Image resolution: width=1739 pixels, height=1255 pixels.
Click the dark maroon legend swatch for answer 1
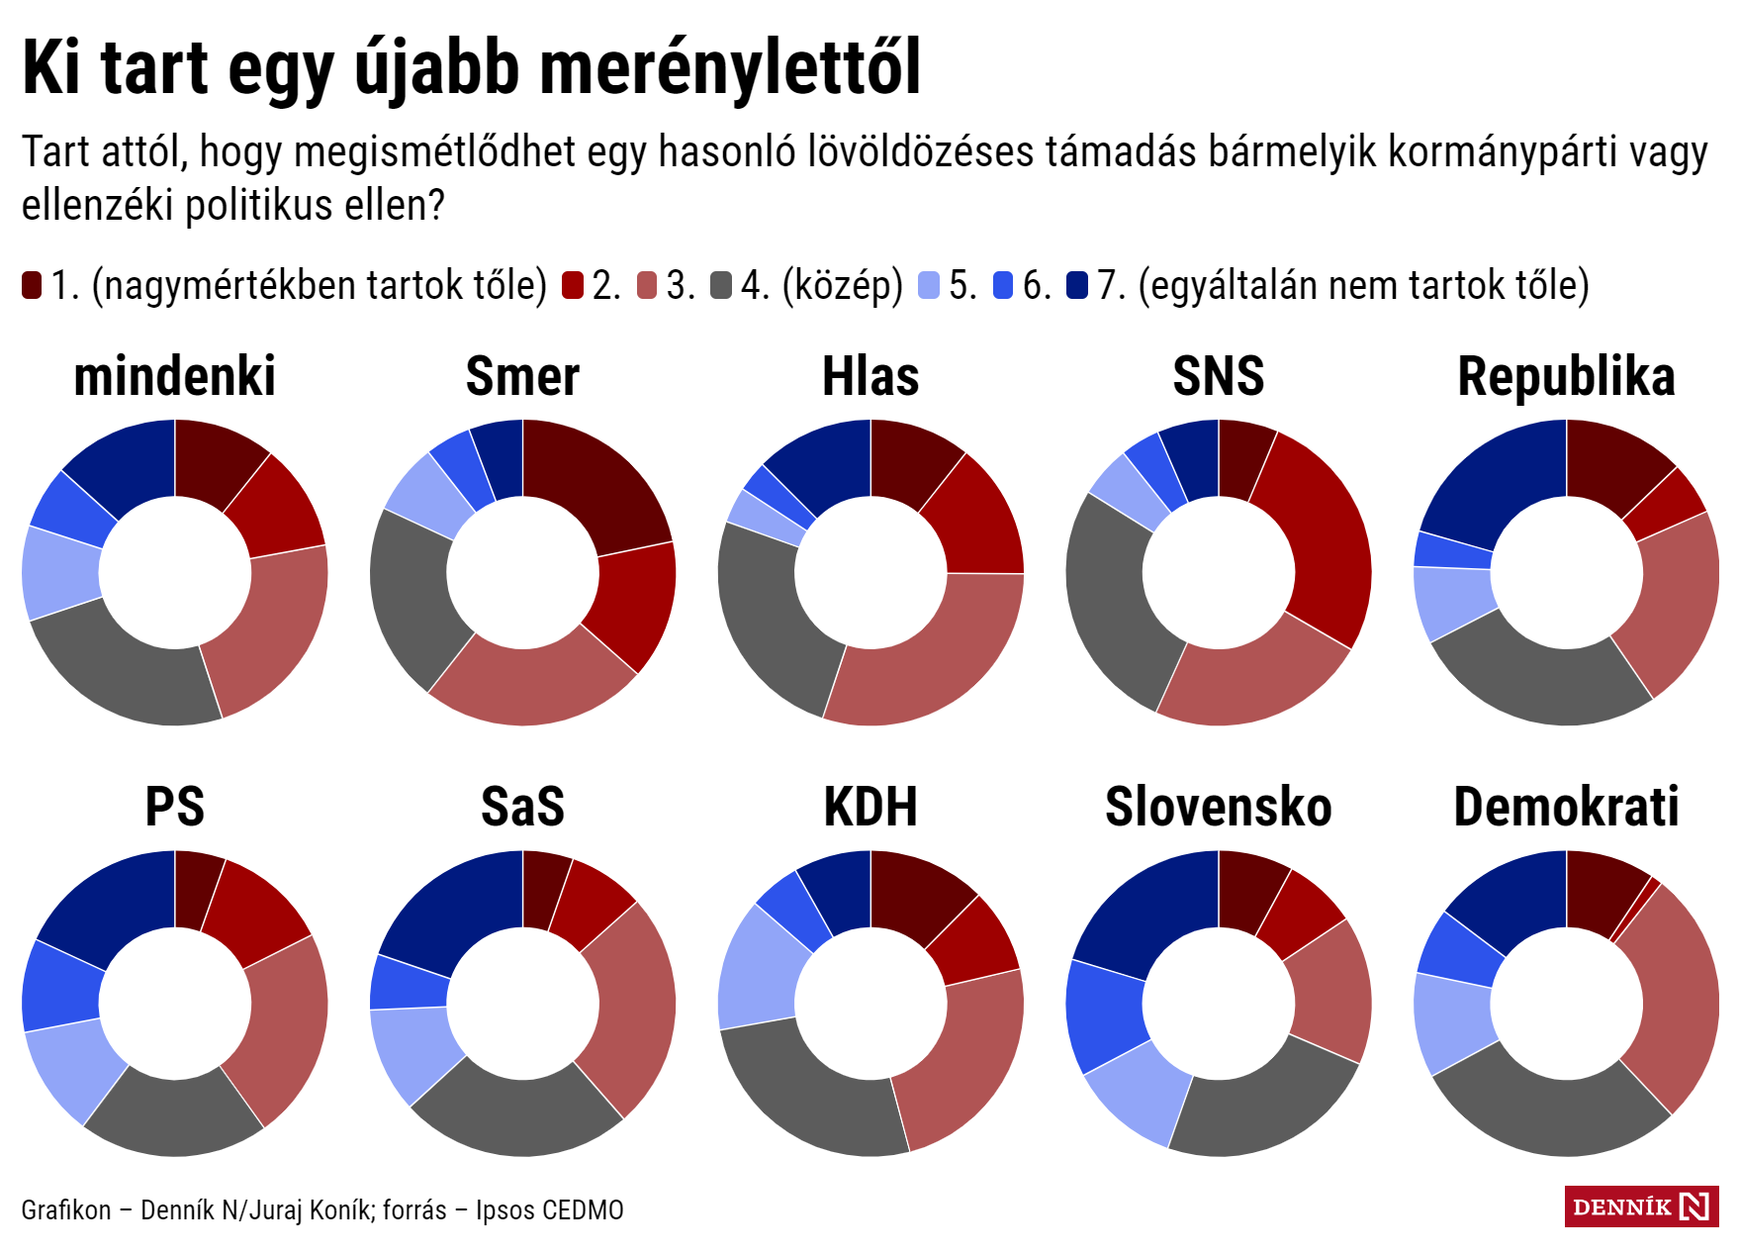(x=32, y=285)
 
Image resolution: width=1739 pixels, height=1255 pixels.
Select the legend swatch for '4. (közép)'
(x=721, y=285)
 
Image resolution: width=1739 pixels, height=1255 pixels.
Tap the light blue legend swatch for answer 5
(x=929, y=285)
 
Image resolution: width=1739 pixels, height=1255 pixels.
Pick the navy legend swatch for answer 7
(x=1077, y=285)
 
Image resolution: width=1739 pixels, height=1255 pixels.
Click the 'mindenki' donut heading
(x=175, y=377)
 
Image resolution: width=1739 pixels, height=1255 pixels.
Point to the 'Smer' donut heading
(x=522, y=377)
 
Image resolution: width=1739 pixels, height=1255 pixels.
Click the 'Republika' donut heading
(x=1566, y=377)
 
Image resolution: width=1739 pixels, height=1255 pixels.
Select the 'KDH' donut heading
(x=870, y=807)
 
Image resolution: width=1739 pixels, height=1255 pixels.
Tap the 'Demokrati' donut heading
(x=1566, y=807)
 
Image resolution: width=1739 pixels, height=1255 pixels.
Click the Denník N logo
(x=1641, y=1207)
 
